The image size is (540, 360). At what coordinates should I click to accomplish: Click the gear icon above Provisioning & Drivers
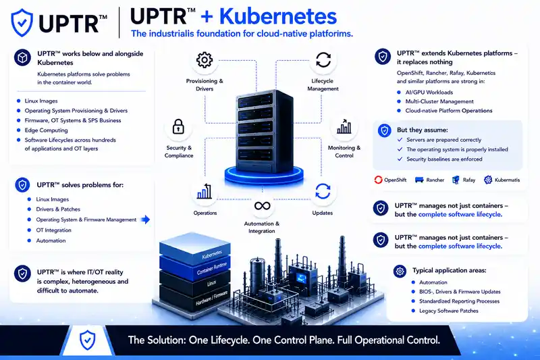coord(205,60)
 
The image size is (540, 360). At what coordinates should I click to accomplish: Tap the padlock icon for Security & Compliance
coord(178,126)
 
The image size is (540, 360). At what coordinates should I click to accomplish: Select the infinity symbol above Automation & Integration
coord(262,206)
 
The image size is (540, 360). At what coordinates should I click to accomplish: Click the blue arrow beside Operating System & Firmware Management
coord(146,220)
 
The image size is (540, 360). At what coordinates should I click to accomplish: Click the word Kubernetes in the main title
coord(278,16)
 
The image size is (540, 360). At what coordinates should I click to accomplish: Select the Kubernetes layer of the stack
coord(195,249)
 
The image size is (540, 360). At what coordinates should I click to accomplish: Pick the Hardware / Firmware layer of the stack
coord(195,297)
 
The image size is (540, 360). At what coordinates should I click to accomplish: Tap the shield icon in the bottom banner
coord(88,340)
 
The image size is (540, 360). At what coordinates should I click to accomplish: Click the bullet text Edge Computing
coord(46,130)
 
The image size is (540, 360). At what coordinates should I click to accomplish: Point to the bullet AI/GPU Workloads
coord(429,93)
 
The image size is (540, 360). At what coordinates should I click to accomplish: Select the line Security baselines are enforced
coord(444,159)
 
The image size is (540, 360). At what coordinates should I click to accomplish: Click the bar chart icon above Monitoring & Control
coord(344,126)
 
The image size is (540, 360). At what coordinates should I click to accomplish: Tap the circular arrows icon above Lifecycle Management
coord(323,59)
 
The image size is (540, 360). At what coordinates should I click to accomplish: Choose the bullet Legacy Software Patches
coord(449,311)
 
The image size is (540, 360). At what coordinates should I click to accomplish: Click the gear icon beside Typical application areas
coord(400,272)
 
